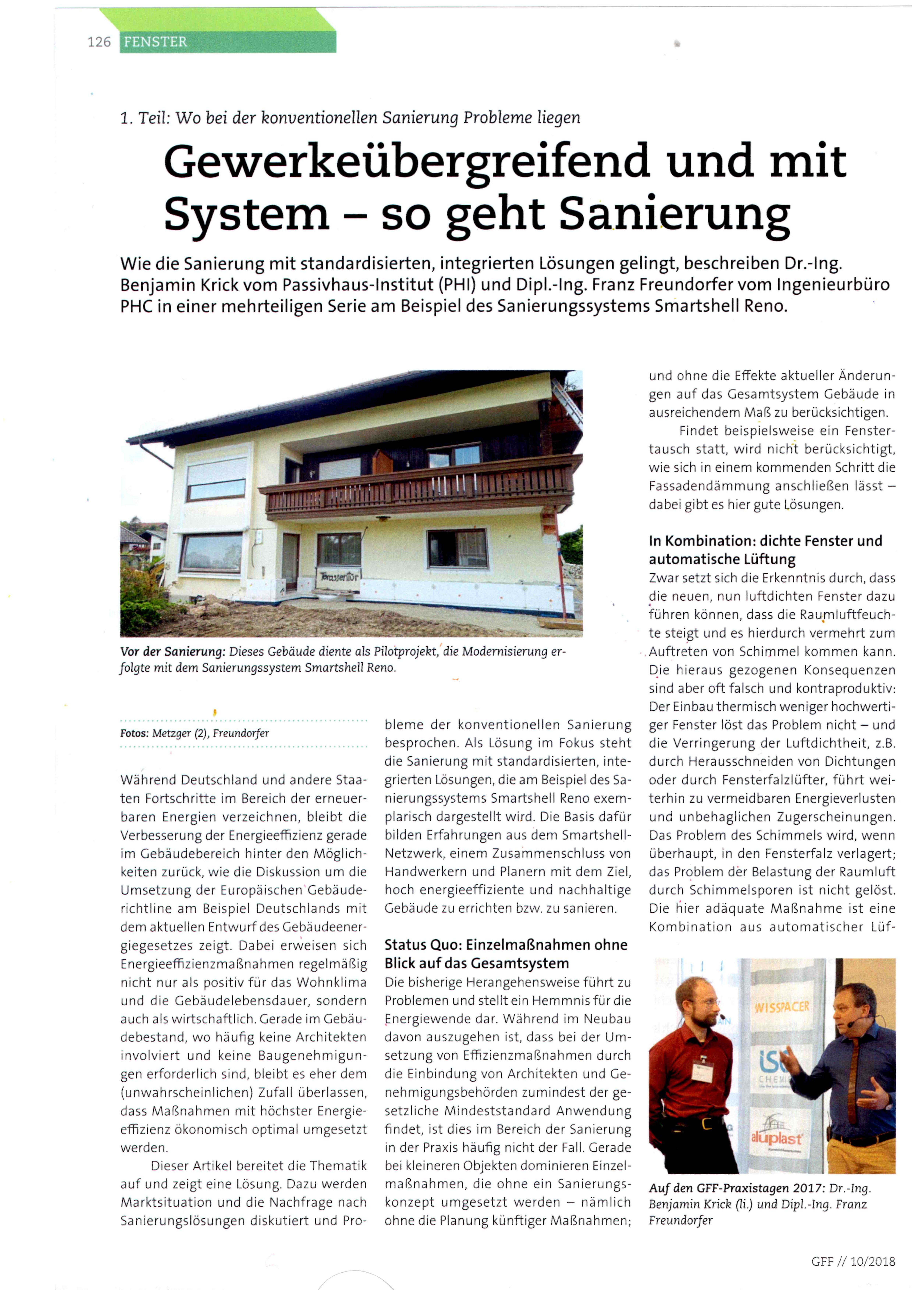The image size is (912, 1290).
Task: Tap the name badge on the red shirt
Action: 702,1070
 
